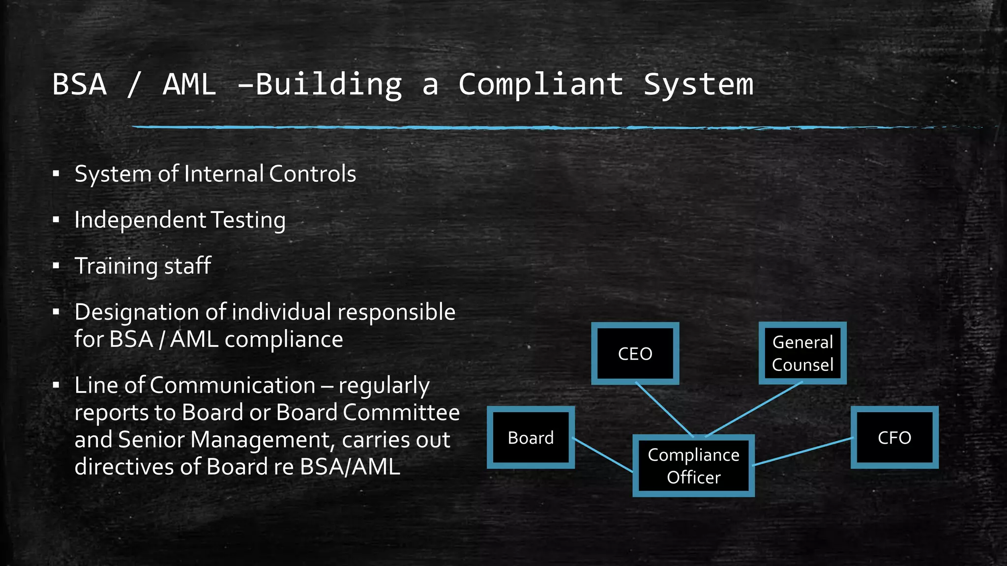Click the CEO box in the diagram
[x=635, y=354]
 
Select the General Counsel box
[x=802, y=353]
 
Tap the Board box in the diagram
[x=531, y=437]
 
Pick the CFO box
[x=894, y=437]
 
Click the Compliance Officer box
[x=693, y=466]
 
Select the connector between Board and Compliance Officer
[x=603, y=455]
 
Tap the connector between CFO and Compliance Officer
[x=802, y=452]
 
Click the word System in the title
[x=698, y=85]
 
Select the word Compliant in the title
[x=541, y=85]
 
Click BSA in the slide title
[x=80, y=85]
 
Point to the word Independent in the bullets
[x=140, y=220]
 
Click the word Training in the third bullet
[x=116, y=266]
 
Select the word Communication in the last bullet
[x=232, y=385]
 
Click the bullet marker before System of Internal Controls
[x=56, y=174]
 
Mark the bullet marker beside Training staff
[x=56, y=266]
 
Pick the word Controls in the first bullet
[x=313, y=174]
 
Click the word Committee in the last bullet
[x=401, y=412]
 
